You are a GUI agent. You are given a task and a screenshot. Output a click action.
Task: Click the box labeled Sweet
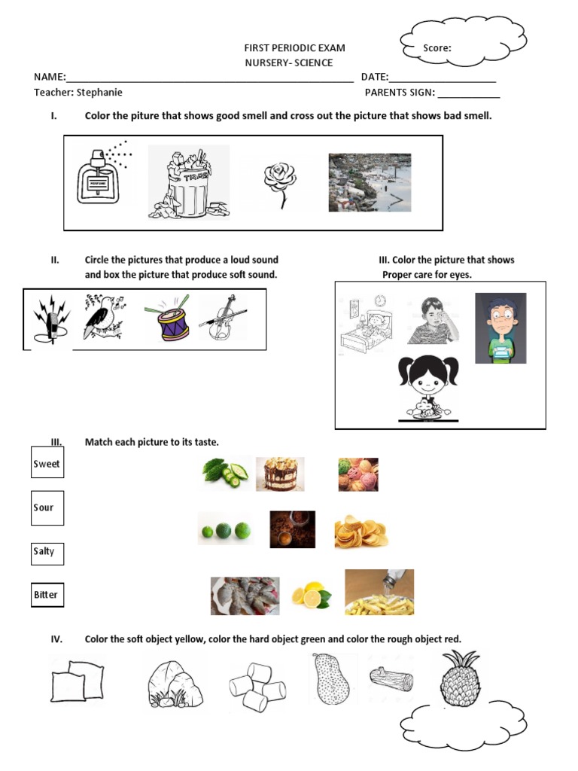47,464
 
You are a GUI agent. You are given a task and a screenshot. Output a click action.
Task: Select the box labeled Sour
47,508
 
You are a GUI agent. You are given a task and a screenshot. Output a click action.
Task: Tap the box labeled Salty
47,553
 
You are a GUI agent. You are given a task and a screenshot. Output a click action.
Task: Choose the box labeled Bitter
47,595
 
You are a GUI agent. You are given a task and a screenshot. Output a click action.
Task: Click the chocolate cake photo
280,474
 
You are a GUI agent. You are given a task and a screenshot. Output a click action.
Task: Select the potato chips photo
360,531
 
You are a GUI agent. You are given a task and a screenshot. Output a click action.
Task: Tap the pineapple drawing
461,680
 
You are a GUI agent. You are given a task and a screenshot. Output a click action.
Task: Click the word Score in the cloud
437,48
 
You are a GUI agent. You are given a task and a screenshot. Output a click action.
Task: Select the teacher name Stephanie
97,93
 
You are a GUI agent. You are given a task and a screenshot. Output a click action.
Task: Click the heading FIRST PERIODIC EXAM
291,48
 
